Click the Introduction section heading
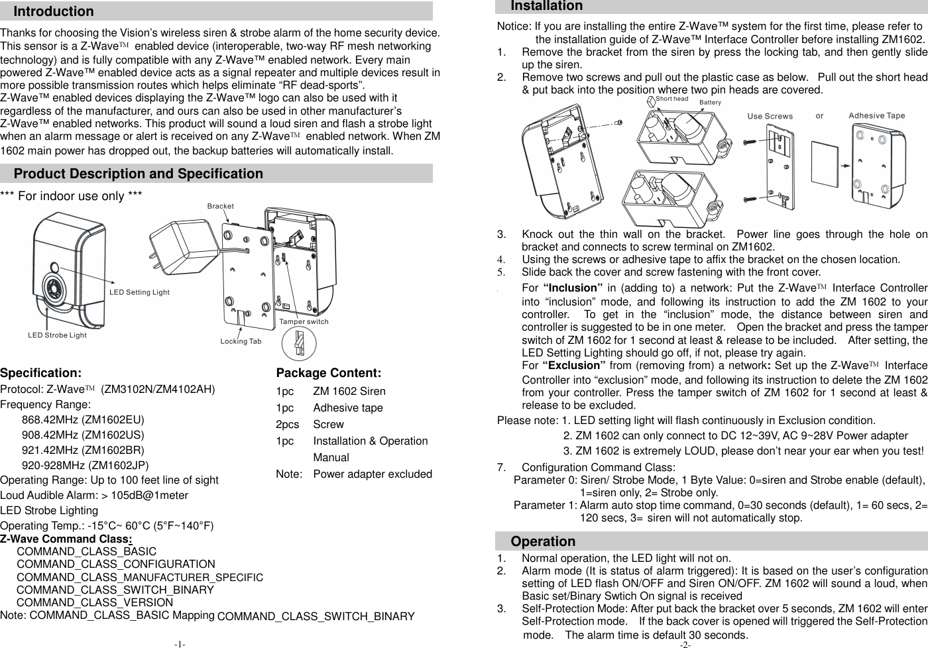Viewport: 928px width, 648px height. point(54,11)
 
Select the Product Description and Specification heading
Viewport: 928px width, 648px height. point(139,174)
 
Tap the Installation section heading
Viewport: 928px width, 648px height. point(547,6)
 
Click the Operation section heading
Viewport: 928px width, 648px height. point(543,541)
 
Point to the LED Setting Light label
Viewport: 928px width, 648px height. point(139,292)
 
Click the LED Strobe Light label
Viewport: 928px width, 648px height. point(57,335)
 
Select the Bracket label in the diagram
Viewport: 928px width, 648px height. point(220,206)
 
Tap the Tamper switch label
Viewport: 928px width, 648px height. point(304,322)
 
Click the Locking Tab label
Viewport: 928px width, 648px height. point(241,342)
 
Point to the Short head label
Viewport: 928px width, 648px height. point(671,99)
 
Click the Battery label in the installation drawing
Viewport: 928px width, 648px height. point(710,103)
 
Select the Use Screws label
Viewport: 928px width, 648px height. point(770,116)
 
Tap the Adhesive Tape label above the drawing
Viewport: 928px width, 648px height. point(876,115)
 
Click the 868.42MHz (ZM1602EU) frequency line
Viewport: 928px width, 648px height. point(83,419)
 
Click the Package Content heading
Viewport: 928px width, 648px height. point(328,373)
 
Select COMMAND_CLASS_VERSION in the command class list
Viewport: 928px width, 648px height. point(95,602)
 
